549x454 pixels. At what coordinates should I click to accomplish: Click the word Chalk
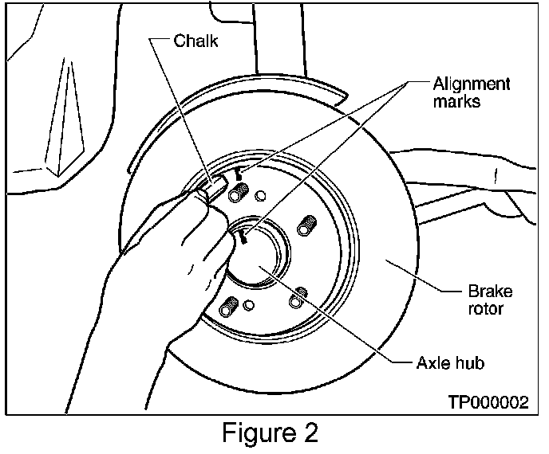(x=196, y=41)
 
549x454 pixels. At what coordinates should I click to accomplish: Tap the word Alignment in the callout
(x=472, y=84)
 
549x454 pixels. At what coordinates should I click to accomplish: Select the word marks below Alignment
(x=456, y=101)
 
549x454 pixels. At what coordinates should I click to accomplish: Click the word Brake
(x=490, y=292)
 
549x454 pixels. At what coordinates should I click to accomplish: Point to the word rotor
(x=485, y=308)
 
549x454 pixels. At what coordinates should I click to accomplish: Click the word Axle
(x=432, y=362)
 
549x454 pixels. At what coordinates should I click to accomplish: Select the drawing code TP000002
(x=489, y=402)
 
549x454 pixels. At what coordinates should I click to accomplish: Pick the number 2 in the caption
(x=310, y=432)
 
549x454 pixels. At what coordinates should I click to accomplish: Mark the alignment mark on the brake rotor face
(x=238, y=174)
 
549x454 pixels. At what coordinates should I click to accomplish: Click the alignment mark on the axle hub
(x=243, y=237)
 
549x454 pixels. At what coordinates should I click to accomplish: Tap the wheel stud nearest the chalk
(x=238, y=191)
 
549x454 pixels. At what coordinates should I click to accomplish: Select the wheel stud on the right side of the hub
(x=306, y=225)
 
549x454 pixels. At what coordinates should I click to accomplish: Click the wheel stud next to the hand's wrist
(x=229, y=306)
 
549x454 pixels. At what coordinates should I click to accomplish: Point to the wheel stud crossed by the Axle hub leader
(x=298, y=297)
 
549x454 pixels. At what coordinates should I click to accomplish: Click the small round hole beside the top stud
(x=259, y=196)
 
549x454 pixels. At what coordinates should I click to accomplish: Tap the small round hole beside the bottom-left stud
(x=249, y=305)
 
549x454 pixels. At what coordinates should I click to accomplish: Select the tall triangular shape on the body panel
(x=65, y=117)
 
